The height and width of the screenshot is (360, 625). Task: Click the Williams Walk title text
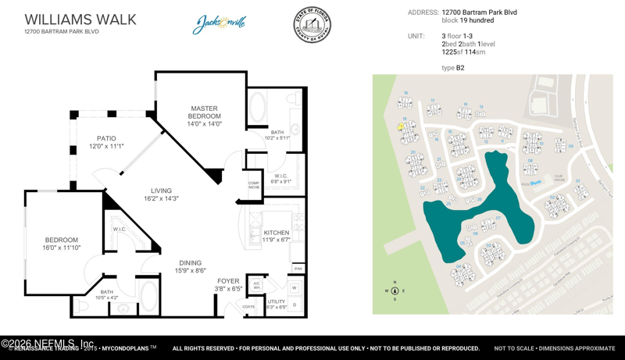(80, 20)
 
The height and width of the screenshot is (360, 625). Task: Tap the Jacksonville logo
(220, 24)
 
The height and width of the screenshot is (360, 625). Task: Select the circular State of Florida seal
(312, 26)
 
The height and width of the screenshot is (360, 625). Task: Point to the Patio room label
(106, 138)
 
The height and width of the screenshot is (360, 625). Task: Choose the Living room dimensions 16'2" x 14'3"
(161, 198)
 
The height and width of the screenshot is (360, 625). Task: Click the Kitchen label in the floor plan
(277, 233)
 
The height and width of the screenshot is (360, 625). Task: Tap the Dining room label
(190, 263)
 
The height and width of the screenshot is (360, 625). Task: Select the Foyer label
(228, 281)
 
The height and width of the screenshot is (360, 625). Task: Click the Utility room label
(277, 301)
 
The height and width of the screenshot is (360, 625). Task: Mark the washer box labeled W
(295, 288)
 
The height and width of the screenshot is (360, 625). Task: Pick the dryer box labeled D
(295, 305)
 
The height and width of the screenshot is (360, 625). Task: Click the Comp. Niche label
(254, 185)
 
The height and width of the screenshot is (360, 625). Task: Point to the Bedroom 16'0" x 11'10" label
(61, 244)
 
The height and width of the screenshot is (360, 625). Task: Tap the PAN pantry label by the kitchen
(298, 269)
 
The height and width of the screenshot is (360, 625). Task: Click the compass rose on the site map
(395, 290)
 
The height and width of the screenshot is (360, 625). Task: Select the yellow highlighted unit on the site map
(401, 127)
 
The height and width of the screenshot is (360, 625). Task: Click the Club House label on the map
(558, 177)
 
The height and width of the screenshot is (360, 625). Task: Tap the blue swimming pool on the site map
(535, 184)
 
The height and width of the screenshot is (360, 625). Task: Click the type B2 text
(453, 68)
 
